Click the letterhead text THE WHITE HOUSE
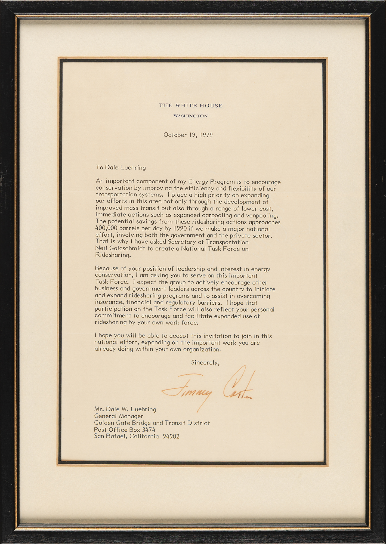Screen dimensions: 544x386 point(191,106)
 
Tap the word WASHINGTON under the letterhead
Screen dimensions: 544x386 point(191,116)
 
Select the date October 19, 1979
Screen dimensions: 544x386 point(188,135)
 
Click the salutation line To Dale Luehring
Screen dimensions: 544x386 point(121,167)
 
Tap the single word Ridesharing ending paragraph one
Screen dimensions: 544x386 point(112,255)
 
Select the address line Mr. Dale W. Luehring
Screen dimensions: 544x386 point(125,409)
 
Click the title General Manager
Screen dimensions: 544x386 point(119,416)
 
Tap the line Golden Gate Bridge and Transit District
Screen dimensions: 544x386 point(152,423)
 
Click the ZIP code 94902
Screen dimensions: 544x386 point(171,437)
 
